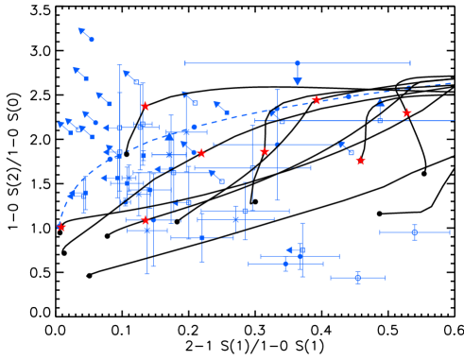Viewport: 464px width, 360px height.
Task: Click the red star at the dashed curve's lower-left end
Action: click(x=61, y=227)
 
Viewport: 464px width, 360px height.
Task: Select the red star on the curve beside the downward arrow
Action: click(x=317, y=100)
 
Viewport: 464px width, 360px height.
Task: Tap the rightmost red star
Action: click(x=406, y=113)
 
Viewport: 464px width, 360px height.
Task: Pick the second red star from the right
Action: click(x=360, y=161)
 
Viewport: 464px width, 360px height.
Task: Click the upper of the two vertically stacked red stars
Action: click(x=145, y=106)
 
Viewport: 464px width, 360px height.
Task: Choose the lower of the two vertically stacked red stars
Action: click(x=146, y=220)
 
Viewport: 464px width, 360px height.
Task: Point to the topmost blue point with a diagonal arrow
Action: click(x=91, y=39)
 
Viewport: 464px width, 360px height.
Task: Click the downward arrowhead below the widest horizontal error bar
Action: click(x=298, y=81)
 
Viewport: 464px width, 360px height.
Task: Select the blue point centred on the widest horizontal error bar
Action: click(x=298, y=63)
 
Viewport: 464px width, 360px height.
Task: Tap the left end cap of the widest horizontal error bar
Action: click(x=186, y=63)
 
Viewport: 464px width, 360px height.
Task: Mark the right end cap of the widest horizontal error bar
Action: click(x=410, y=63)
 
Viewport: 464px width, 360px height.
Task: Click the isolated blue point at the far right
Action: click(x=414, y=232)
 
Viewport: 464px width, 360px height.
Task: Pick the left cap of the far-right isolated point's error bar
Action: click(x=381, y=232)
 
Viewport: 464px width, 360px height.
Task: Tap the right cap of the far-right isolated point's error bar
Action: click(x=449, y=232)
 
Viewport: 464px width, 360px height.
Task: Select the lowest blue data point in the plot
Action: click(x=357, y=278)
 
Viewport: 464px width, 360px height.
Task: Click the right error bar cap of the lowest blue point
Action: click(x=384, y=278)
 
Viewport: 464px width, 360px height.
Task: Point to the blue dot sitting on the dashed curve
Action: click(x=348, y=96)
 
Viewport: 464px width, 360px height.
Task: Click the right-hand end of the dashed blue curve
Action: click(x=451, y=83)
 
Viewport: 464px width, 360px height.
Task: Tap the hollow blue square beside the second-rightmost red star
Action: click(x=351, y=152)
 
